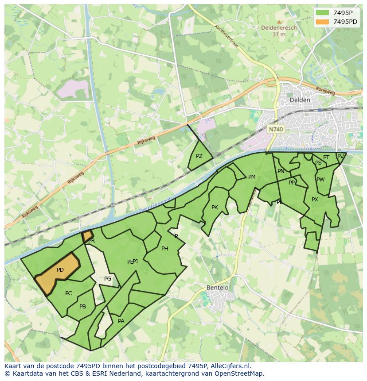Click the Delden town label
click(300, 100)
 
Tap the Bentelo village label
click(218, 288)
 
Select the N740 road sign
click(276, 129)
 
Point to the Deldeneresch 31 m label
click(279, 31)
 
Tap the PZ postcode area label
click(199, 156)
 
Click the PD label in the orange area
click(60, 270)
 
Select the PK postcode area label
click(215, 208)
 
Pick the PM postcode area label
click(252, 177)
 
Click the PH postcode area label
click(164, 249)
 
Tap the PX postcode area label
click(315, 200)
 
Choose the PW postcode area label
click(320, 180)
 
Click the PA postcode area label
click(121, 321)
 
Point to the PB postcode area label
click(82, 307)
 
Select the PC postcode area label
click(68, 293)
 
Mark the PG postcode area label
click(108, 279)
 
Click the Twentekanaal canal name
click(154, 204)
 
